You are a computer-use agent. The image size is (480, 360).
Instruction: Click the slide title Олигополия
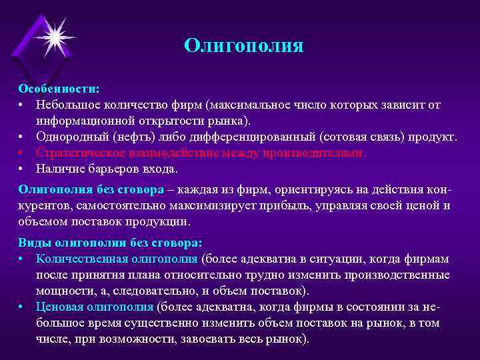coord(244,46)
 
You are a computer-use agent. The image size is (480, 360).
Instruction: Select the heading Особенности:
coord(59,88)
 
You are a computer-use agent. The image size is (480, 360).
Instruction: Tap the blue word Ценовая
coord(60,306)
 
